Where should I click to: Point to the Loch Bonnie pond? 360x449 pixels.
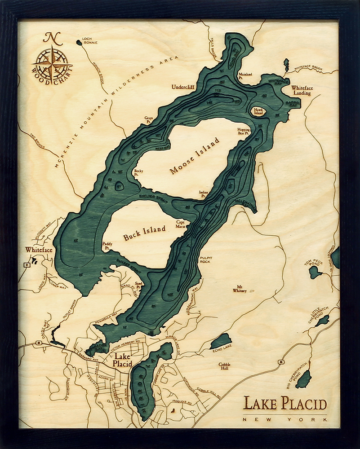(x=80, y=43)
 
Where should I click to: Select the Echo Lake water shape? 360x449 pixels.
(x=221, y=341)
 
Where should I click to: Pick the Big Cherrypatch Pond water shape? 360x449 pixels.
(x=304, y=380)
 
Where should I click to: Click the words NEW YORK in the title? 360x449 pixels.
(x=285, y=419)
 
